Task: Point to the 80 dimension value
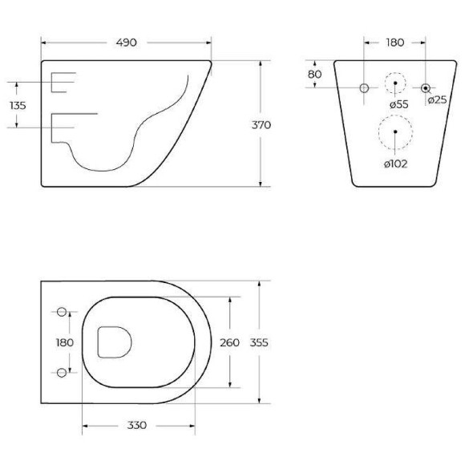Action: [x=314, y=74]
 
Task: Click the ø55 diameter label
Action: [x=399, y=104]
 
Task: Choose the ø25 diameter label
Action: [x=437, y=99]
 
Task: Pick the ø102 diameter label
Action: [x=394, y=164]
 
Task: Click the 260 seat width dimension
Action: [x=230, y=342]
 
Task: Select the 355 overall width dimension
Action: [x=258, y=342]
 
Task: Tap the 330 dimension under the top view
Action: [x=138, y=427]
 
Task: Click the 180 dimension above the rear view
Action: [x=394, y=42]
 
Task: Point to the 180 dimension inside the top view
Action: [x=64, y=342]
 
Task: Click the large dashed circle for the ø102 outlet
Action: [x=394, y=132]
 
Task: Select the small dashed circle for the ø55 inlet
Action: [x=394, y=84]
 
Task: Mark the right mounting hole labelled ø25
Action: [x=426, y=87]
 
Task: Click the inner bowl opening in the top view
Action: [x=113, y=342]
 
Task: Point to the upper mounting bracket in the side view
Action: [x=62, y=81]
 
